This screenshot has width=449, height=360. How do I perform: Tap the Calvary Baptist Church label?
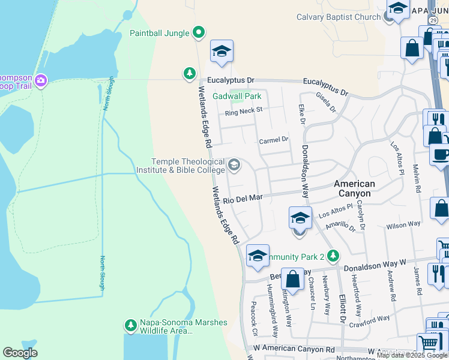339,17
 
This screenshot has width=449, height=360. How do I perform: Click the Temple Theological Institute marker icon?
234,165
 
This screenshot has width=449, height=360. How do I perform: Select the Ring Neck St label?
244,111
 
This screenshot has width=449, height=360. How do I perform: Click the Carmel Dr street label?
274,140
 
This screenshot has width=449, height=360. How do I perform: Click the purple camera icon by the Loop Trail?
41,80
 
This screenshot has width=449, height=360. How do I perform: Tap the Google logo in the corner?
20,353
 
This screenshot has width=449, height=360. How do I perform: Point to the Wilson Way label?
403,225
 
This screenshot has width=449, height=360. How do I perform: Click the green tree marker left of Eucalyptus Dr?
190,74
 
